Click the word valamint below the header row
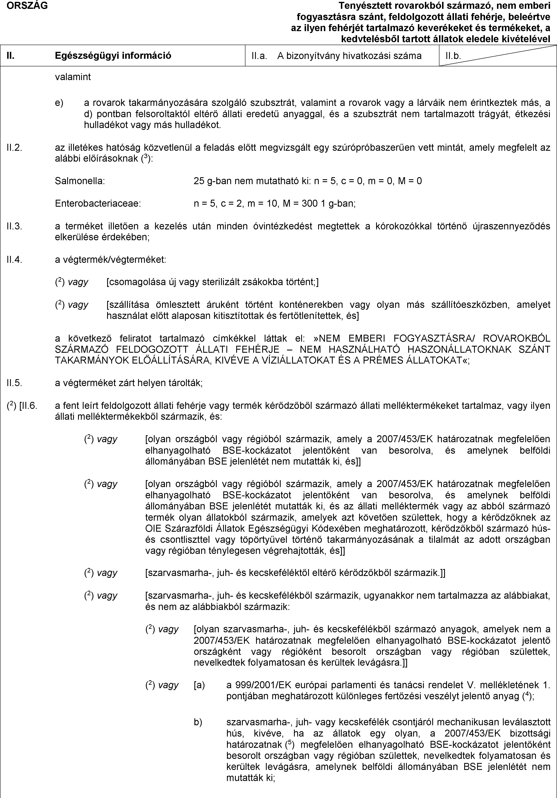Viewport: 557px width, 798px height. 73,77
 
